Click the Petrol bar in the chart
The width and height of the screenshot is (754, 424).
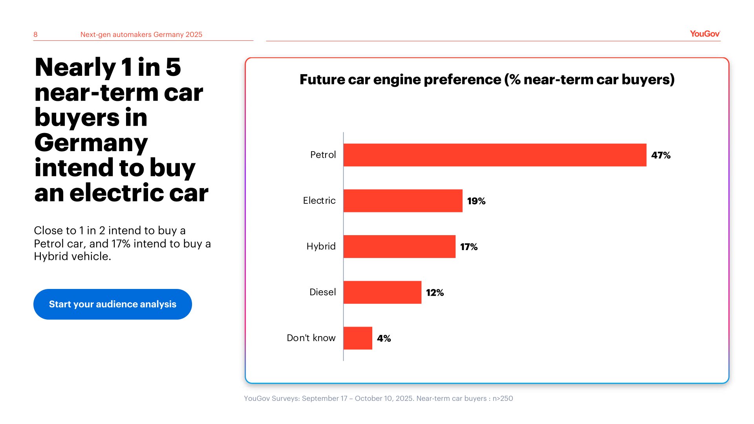pyautogui.click(x=495, y=155)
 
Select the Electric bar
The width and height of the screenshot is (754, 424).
pyautogui.click(x=403, y=201)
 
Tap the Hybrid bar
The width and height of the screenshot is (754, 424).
pyautogui.click(x=399, y=247)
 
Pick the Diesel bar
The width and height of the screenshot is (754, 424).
pyautogui.click(x=382, y=292)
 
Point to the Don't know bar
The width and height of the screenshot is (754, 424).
pyautogui.click(x=358, y=338)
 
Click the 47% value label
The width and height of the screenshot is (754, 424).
pyautogui.click(x=661, y=155)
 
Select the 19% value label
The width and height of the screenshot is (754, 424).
pyautogui.click(x=476, y=201)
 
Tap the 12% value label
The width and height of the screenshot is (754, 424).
pyautogui.click(x=435, y=292)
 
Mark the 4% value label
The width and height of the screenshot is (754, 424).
pyautogui.click(x=384, y=338)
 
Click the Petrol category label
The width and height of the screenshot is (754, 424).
pyautogui.click(x=323, y=155)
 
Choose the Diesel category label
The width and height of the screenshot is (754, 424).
pyautogui.click(x=322, y=292)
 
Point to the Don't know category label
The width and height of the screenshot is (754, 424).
pyautogui.click(x=311, y=338)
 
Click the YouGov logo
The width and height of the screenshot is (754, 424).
pyautogui.click(x=705, y=34)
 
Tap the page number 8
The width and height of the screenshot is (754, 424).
pyautogui.click(x=35, y=35)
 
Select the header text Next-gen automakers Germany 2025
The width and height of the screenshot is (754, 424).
pyautogui.click(x=141, y=35)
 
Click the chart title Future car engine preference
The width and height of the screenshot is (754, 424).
pyautogui.click(x=487, y=79)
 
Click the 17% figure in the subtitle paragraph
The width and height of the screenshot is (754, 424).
pyautogui.click(x=121, y=244)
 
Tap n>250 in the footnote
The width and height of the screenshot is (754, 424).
pyautogui.click(x=503, y=398)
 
